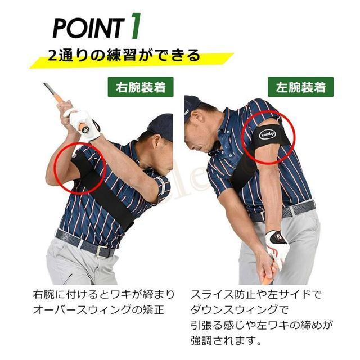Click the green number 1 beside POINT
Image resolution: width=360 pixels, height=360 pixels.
[135, 26]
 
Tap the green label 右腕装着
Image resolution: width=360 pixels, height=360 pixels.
[141, 87]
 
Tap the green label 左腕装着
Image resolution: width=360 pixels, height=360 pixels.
[301, 87]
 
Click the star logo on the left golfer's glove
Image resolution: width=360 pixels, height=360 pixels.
[85, 130]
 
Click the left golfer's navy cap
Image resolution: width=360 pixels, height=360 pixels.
[161, 127]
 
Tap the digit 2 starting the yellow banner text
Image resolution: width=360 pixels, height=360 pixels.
[52, 56]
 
